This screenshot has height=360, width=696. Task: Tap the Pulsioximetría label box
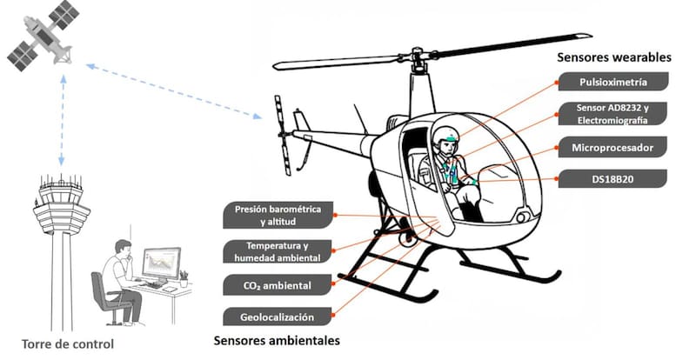coord(612,83)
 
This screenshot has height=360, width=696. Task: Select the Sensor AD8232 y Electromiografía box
coord(612,113)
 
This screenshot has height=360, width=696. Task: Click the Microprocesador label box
coord(612,146)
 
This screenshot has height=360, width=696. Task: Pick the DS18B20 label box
coord(612,179)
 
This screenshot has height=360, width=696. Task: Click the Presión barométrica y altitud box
coord(278,214)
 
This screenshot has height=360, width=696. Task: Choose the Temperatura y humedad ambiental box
coord(278,250)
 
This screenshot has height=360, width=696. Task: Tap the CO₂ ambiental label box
coord(278,284)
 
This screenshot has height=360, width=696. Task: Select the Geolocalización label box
coord(278,316)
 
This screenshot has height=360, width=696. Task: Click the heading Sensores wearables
coord(614,57)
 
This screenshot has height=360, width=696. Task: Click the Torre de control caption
coord(69,343)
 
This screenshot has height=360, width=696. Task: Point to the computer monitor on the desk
coord(161,262)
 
